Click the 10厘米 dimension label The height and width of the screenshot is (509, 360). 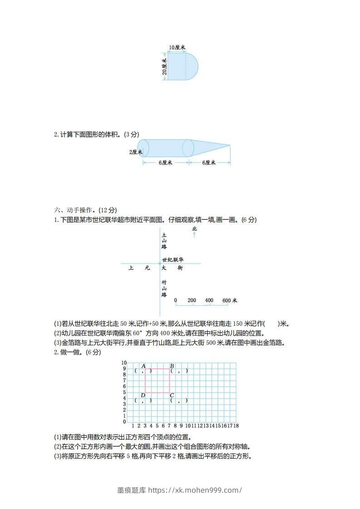(177, 47)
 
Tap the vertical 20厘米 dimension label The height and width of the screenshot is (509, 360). (164, 66)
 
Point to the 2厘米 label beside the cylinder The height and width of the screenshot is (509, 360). (135, 152)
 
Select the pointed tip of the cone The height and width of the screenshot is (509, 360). (230, 146)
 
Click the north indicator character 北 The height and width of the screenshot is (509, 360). (194, 229)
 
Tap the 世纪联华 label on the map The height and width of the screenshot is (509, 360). (173, 259)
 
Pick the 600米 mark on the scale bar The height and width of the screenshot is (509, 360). (230, 300)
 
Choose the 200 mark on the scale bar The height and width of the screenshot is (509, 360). (192, 300)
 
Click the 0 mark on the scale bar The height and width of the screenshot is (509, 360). (176, 300)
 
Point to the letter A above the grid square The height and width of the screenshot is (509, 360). (143, 366)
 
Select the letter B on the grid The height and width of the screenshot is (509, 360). (172, 366)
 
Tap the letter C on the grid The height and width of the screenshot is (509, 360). (172, 395)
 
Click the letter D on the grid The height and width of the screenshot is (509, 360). (143, 395)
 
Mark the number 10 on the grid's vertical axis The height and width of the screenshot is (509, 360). (123, 363)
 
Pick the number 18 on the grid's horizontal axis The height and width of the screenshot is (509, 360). (236, 426)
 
